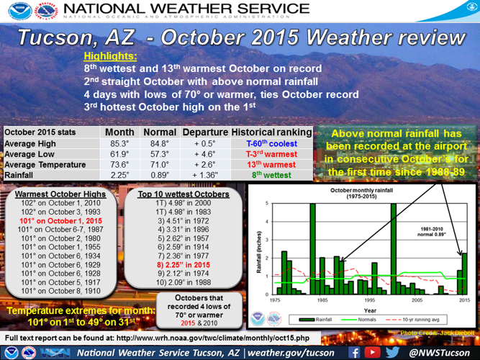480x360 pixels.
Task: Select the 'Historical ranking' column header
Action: click(x=271, y=133)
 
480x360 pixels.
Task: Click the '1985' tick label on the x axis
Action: click(x=322, y=300)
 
